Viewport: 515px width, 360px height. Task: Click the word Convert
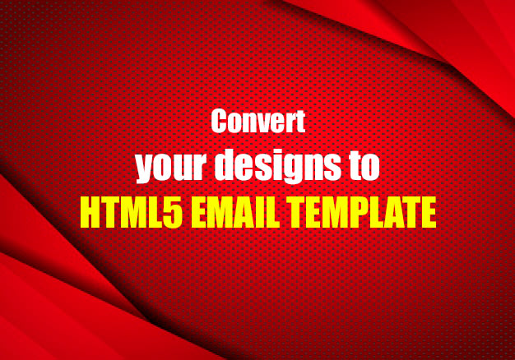(x=258, y=122)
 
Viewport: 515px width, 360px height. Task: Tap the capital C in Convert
(x=220, y=122)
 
